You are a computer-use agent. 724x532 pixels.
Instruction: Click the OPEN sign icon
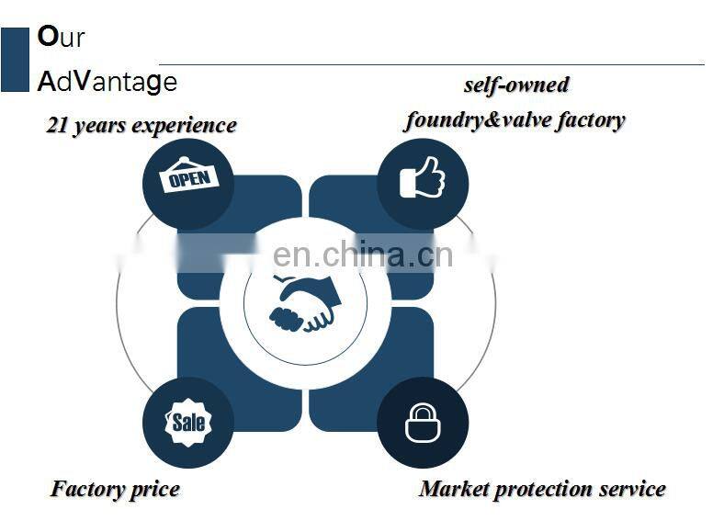pyautogui.click(x=189, y=175)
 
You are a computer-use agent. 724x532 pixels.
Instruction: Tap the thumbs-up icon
pyautogui.click(x=422, y=177)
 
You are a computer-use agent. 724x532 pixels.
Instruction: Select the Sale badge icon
pyautogui.click(x=188, y=422)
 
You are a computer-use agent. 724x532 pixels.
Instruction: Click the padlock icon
pyautogui.click(x=423, y=422)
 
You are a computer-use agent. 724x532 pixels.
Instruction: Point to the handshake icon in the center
pyautogui.click(x=305, y=303)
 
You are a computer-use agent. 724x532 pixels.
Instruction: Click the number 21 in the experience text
pyautogui.click(x=57, y=125)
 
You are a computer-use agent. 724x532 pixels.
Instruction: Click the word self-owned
pyautogui.click(x=516, y=85)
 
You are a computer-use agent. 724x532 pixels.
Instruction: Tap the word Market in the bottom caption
pyautogui.click(x=454, y=489)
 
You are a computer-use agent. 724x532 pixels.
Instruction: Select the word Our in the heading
pyautogui.click(x=61, y=37)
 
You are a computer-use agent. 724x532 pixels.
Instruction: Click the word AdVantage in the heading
pyautogui.click(x=107, y=82)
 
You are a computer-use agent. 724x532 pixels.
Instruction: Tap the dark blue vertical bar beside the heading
pyautogui.click(x=15, y=60)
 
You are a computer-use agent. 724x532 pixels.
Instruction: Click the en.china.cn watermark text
pyautogui.click(x=363, y=254)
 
